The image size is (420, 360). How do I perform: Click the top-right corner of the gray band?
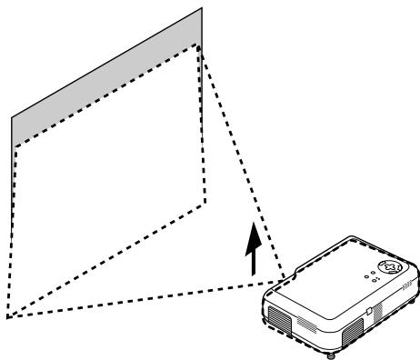202,10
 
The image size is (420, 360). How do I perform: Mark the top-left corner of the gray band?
11,117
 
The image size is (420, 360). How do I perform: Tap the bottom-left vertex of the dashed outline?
8,318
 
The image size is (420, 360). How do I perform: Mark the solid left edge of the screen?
11,132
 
